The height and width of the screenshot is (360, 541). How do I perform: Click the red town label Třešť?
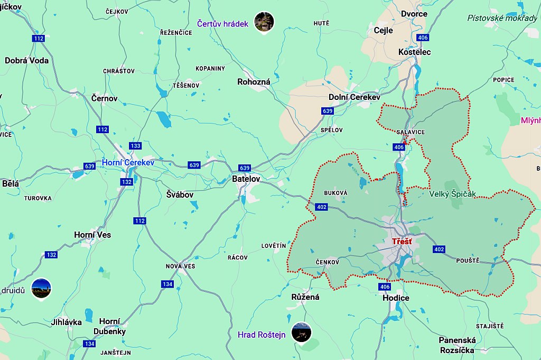coord(402,242)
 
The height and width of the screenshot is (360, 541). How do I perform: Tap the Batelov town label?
coord(246,179)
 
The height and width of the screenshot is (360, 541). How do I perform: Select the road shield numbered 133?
coord(136,146)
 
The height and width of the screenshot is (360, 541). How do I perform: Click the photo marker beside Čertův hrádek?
coord(264,22)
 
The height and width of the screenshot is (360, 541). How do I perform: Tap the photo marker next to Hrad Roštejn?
coord(302,332)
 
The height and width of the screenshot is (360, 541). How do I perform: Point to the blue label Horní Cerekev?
coord(128,162)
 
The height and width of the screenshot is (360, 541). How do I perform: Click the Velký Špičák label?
coord(452,194)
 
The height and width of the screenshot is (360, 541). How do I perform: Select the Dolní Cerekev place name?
coord(355,97)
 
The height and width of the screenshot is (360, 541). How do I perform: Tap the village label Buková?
coord(336,193)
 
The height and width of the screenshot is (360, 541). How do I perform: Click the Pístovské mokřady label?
coord(502,18)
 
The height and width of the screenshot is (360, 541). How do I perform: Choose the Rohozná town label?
coord(254,82)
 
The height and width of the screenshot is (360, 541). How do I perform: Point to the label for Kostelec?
coord(415,52)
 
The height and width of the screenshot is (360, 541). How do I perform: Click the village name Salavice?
coord(410,132)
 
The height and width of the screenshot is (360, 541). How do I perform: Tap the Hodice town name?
coord(396,298)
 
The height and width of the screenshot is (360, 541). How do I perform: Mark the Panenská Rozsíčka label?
coord(457,345)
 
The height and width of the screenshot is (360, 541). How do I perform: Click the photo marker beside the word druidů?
coord(41,288)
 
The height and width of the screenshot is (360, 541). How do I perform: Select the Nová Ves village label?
coord(180,266)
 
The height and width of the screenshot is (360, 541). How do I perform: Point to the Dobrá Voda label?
coord(26,60)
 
